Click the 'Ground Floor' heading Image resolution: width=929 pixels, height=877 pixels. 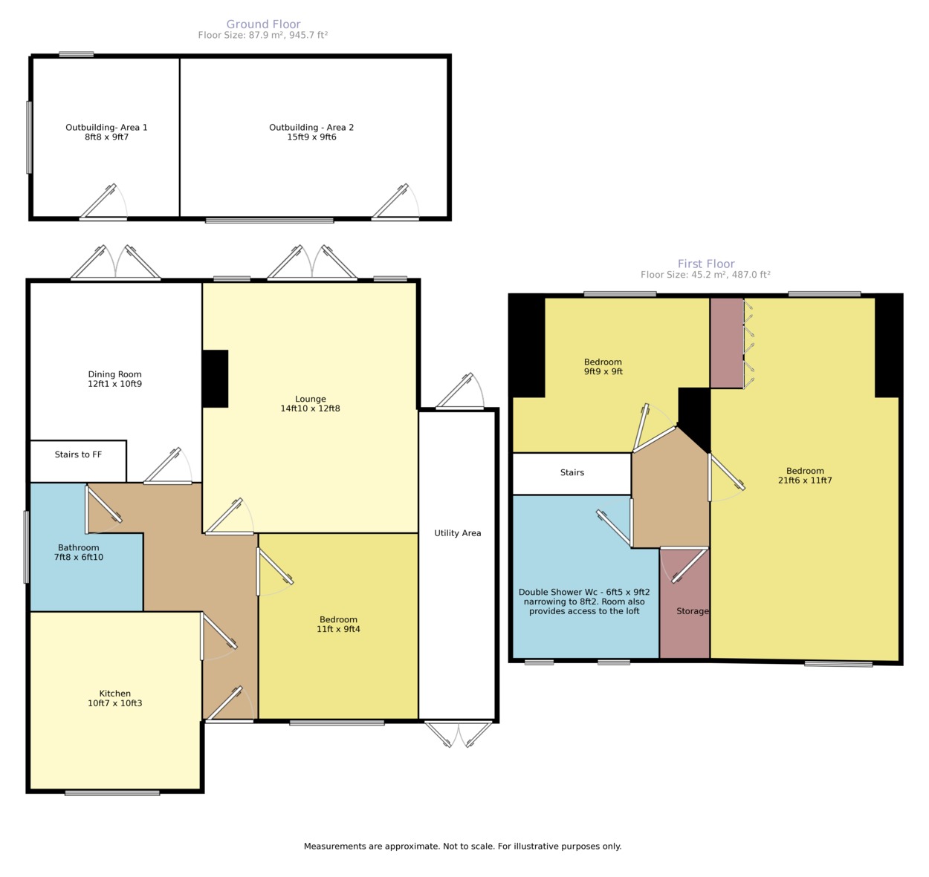coord(263,24)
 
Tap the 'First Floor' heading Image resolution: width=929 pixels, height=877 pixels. coord(706,264)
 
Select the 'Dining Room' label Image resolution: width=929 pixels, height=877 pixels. coord(114,374)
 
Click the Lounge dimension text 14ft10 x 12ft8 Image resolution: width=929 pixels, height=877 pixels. coord(310,408)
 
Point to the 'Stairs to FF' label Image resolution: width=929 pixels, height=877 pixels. coord(78,454)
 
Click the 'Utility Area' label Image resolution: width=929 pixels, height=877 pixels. coord(458,533)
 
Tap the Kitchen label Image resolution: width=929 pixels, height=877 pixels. coord(114,694)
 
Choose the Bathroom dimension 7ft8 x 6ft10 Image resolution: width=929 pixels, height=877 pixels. coord(79,557)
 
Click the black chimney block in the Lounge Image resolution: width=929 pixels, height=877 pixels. coord(216,379)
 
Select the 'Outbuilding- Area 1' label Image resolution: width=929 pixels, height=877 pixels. coord(106,128)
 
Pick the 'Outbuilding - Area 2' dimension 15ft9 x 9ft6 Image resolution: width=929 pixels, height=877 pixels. coord(311,137)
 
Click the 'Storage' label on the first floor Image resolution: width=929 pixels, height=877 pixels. coord(693,611)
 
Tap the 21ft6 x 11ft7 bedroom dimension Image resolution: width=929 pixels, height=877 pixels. coord(805,480)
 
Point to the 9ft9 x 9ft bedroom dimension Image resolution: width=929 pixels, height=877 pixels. coord(603,371)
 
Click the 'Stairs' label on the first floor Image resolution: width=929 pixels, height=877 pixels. coord(572,472)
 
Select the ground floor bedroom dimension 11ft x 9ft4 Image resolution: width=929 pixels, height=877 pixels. coord(338,629)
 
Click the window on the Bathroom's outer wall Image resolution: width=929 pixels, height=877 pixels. coord(27,547)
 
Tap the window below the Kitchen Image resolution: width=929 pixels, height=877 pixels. coord(112,793)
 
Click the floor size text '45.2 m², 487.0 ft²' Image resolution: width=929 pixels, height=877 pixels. coord(731,275)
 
